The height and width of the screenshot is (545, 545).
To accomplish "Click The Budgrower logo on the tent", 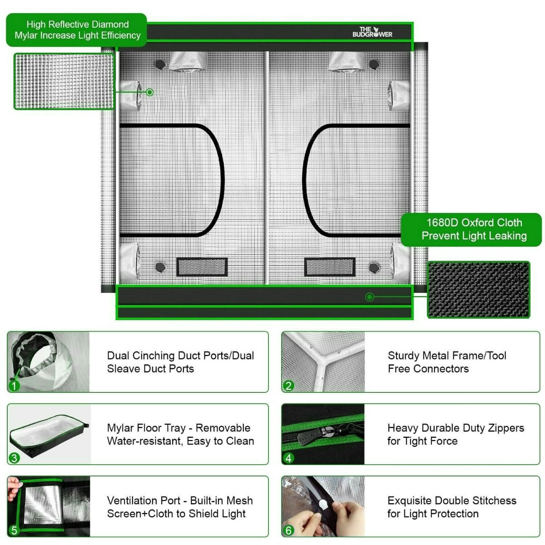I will click(x=372, y=32).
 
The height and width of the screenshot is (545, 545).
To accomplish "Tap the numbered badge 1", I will click(x=14, y=386).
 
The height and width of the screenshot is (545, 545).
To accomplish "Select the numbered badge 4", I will click(x=288, y=458).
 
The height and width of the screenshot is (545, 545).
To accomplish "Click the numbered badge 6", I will click(x=288, y=530).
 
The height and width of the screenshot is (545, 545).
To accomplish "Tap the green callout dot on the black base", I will click(x=370, y=297).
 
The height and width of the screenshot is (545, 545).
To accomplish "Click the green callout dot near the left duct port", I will click(x=150, y=92).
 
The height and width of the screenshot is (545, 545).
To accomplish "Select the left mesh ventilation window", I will click(x=202, y=267).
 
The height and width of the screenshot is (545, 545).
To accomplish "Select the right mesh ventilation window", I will click(x=330, y=267).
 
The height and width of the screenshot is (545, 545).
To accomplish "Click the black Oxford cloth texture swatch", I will click(x=479, y=289).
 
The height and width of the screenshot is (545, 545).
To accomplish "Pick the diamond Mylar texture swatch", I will click(x=64, y=81).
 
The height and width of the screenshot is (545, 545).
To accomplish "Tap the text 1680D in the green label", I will click(x=442, y=223).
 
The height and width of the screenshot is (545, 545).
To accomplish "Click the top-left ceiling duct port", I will click(x=188, y=61).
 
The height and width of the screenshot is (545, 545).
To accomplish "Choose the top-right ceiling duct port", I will click(x=347, y=61).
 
